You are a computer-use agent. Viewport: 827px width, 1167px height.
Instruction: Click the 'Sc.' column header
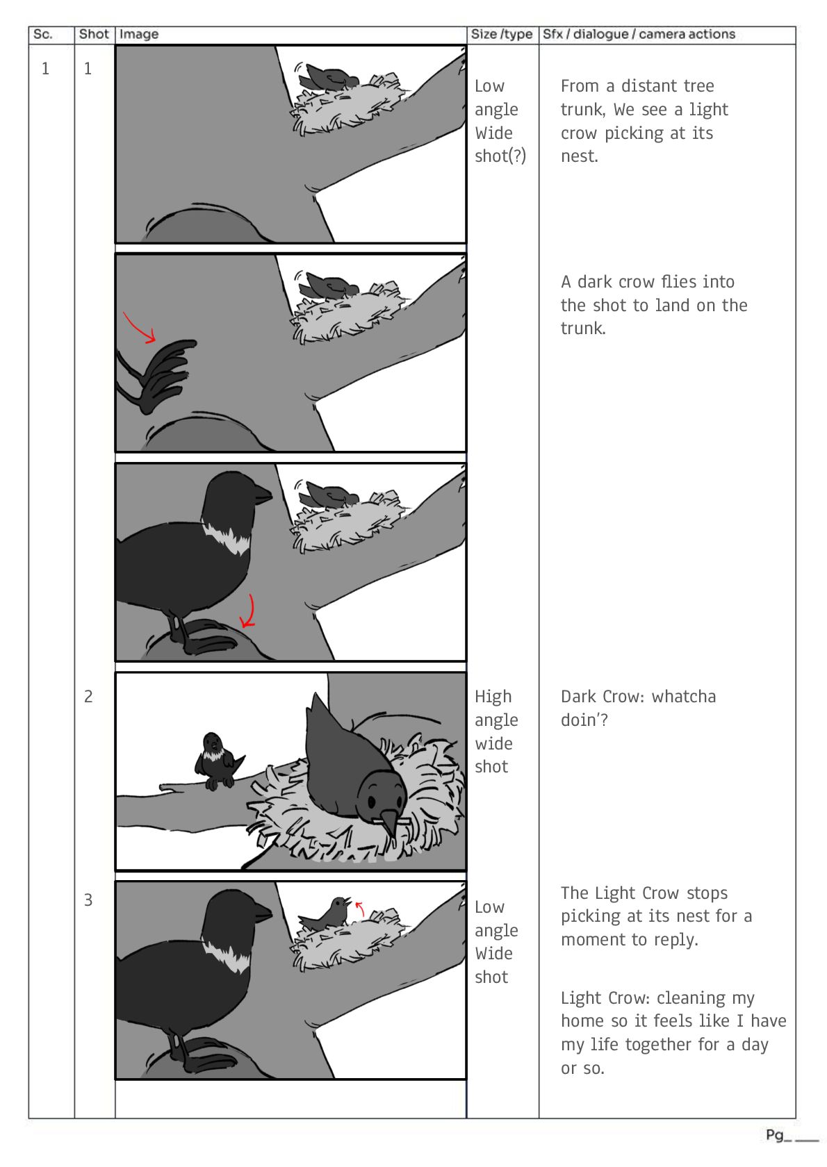(42, 35)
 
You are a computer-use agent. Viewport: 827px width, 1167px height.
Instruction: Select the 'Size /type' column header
(501, 35)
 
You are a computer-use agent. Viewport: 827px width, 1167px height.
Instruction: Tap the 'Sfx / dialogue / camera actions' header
(639, 35)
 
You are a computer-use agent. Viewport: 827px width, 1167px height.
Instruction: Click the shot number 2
(88, 696)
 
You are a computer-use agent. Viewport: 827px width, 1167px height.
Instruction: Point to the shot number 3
(88, 900)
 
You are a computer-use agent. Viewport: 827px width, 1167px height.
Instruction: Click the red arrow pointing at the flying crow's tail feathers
(138, 326)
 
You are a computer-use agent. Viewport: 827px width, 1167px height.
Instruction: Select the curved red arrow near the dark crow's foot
(249, 611)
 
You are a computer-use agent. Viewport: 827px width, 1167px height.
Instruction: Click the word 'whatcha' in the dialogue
(684, 697)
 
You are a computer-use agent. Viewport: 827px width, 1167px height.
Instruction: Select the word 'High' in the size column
(493, 697)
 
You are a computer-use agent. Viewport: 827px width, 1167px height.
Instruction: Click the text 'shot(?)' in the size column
(500, 156)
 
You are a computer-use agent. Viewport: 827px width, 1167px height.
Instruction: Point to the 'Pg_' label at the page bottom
(778, 1135)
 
